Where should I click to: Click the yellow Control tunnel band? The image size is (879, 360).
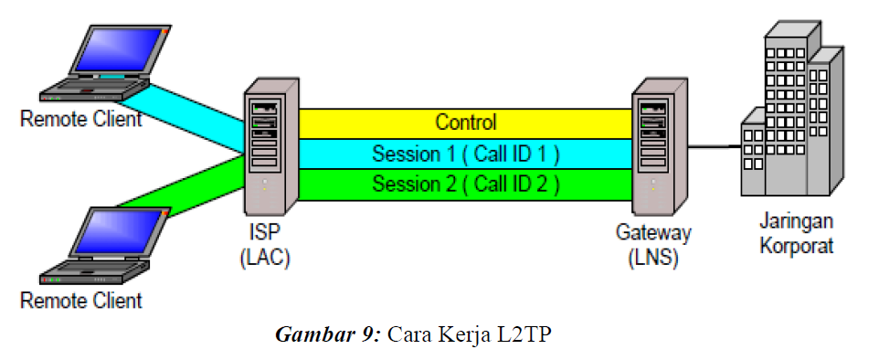pos(465,122)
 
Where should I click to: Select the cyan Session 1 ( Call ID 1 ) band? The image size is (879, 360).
pos(465,153)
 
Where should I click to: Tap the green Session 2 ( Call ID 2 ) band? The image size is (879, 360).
pos(465,183)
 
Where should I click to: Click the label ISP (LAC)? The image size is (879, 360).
pos(264,245)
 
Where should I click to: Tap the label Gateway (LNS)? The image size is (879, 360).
pos(653,245)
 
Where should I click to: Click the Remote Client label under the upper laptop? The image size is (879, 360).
pos(81,120)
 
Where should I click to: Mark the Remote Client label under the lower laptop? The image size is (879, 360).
pos(81,300)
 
